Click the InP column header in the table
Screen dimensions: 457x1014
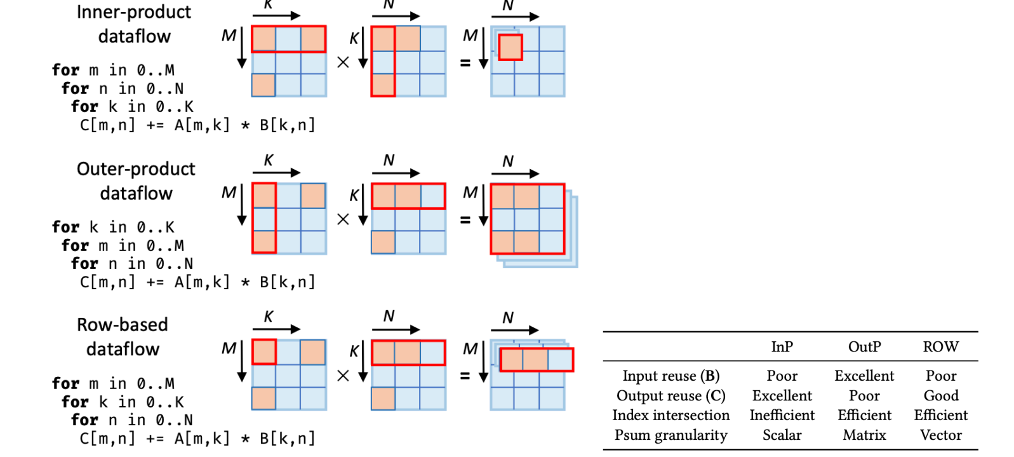click(782, 346)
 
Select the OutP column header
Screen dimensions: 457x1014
click(864, 346)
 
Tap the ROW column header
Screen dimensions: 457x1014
click(940, 346)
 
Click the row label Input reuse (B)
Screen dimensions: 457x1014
click(670, 376)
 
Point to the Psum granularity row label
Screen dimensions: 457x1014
click(670, 435)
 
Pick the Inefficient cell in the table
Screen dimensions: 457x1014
click(782, 415)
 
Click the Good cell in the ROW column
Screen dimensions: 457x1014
click(940, 395)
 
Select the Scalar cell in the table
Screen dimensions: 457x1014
click(782, 435)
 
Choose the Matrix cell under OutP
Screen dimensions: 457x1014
click(864, 435)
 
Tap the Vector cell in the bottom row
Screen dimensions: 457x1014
click(940, 435)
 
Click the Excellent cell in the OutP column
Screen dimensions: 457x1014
click(864, 376)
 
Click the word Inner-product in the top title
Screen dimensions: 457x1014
click(133, 12)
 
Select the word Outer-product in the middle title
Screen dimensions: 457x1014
click(136, 168)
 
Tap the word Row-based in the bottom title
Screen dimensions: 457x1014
click(123, 325)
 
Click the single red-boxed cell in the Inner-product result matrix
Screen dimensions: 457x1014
click(510, 48)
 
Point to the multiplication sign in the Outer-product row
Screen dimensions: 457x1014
click(343, 219)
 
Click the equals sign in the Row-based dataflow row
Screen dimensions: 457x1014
click(465, 376)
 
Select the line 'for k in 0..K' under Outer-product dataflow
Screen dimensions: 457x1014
click(113, 227)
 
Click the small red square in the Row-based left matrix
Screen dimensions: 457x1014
click(264, 351)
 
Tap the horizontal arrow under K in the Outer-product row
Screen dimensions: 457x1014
click(276, 172)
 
